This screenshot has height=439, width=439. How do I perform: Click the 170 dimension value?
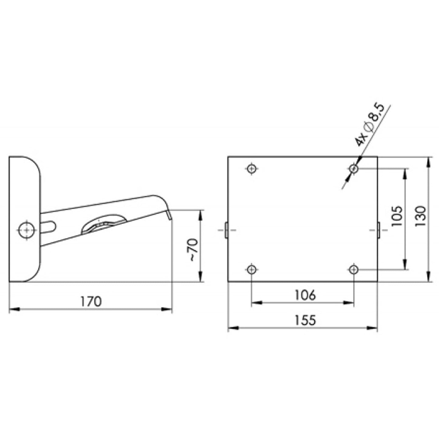[91, 301]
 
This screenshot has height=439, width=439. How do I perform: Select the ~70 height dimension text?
[193, 249]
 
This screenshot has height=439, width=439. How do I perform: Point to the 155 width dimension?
[305, 320]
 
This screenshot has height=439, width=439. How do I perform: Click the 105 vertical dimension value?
[397, 216]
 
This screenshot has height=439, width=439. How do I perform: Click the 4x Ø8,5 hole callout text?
[370, 125]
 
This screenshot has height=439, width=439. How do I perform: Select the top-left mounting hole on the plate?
[252, 169]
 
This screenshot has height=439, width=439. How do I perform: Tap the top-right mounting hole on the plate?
[354, 169]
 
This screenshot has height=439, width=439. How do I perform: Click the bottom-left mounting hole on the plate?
[252, 269]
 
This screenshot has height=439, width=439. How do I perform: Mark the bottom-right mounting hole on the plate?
[354, 269]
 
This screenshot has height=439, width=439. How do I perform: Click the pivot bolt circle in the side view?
[27, 230]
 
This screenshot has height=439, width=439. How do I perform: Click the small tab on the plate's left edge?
[226, 230]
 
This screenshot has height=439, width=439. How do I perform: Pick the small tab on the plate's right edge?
[379, 230]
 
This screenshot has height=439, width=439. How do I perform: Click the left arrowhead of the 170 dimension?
[14, 310]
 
